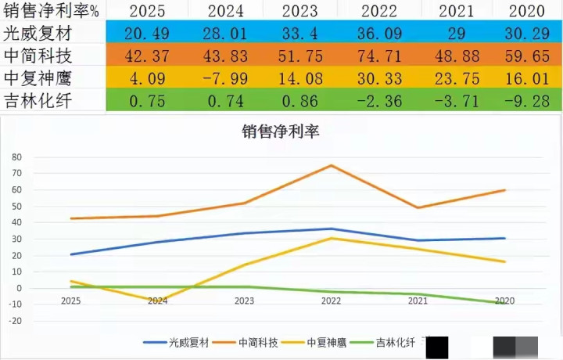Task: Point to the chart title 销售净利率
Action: point(281,131)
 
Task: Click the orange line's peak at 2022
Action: point(331,165)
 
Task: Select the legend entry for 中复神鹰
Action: point(317,342)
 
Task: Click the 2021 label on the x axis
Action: point(418,301)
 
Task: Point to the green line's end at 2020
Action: point(504,303)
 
